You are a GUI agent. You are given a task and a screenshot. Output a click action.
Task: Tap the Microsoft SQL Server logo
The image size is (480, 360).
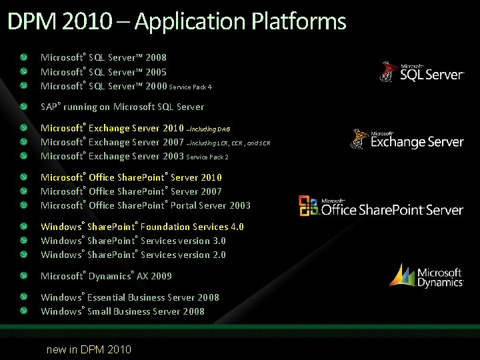(x=421, y=71)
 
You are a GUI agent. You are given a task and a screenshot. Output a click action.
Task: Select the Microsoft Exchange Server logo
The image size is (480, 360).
(x=407, y=139)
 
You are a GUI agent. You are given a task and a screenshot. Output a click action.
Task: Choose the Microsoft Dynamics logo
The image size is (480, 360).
(x=427, y=276)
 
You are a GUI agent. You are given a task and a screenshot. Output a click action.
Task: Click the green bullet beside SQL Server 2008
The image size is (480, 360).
(x=24, y=58)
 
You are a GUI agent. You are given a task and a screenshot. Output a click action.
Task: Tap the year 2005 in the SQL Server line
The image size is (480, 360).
(x=155, y=72)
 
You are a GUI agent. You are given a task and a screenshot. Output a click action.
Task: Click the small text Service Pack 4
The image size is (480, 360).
(x=191, y=87)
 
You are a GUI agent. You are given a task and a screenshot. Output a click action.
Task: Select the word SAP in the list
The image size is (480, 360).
(x=49, y=107)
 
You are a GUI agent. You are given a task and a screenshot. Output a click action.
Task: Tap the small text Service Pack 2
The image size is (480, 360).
(x=207, y=157)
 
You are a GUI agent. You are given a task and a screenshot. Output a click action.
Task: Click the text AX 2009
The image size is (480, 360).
(x=154, y=276)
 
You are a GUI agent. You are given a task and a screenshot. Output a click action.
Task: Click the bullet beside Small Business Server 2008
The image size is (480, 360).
(x=24, y=311)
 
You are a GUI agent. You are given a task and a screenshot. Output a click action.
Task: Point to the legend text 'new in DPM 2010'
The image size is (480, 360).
(x=89, y=349)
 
